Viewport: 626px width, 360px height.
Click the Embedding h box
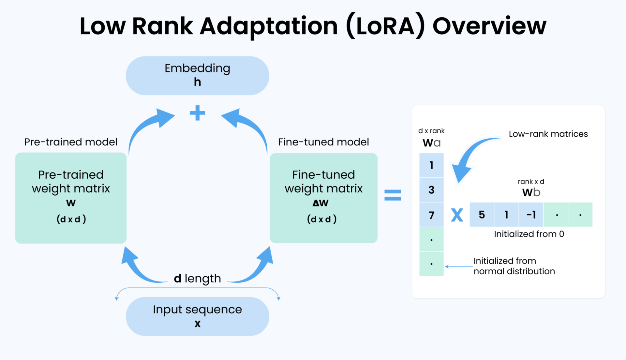[197, 76]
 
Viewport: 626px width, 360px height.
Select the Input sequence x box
[197, 316]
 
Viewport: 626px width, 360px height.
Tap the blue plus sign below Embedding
[197, 113]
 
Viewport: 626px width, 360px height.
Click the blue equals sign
[393, 195]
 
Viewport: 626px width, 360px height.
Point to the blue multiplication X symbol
[457, 215]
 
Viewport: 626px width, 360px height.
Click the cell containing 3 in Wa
[431, 190]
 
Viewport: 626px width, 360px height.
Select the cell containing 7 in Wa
[431, 215]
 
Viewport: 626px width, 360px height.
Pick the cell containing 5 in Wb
[482, 215]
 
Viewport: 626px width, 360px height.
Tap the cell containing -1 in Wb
[531, 215]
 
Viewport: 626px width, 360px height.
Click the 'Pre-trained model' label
[71, 142]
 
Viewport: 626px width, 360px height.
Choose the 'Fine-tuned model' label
[323, 142]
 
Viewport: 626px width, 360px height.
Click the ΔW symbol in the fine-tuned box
[320, 203]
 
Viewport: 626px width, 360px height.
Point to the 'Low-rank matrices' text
[548, 134]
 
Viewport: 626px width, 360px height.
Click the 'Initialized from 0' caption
[529, 234]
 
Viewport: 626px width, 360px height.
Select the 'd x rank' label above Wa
[431, 131]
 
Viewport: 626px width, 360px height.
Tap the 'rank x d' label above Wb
[531, 182]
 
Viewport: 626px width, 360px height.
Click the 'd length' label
[197, 278]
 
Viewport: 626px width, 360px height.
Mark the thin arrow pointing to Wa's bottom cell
[458, 267]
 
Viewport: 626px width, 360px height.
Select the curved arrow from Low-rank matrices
[469, 157]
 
